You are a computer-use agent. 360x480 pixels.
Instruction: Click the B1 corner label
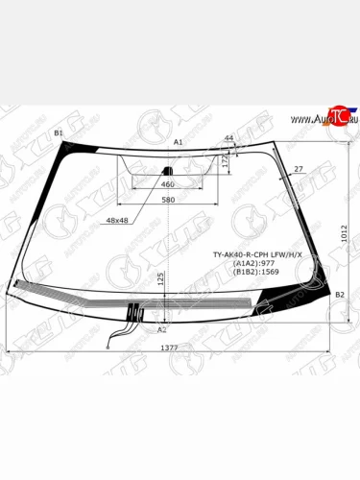click(58, 132)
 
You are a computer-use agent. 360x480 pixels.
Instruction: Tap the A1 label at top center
click(178, 141)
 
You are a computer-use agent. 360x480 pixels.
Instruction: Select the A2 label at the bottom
click(161, 328)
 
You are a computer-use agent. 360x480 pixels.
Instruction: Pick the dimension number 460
click(167, 184)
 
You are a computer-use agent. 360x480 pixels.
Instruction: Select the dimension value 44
click(228, 139)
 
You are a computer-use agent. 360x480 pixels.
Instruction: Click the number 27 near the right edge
click(299, 169)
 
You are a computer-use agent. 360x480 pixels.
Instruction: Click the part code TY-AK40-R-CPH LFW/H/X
click(256, 253)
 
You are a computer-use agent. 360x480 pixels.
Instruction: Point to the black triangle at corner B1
click(69, 147)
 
